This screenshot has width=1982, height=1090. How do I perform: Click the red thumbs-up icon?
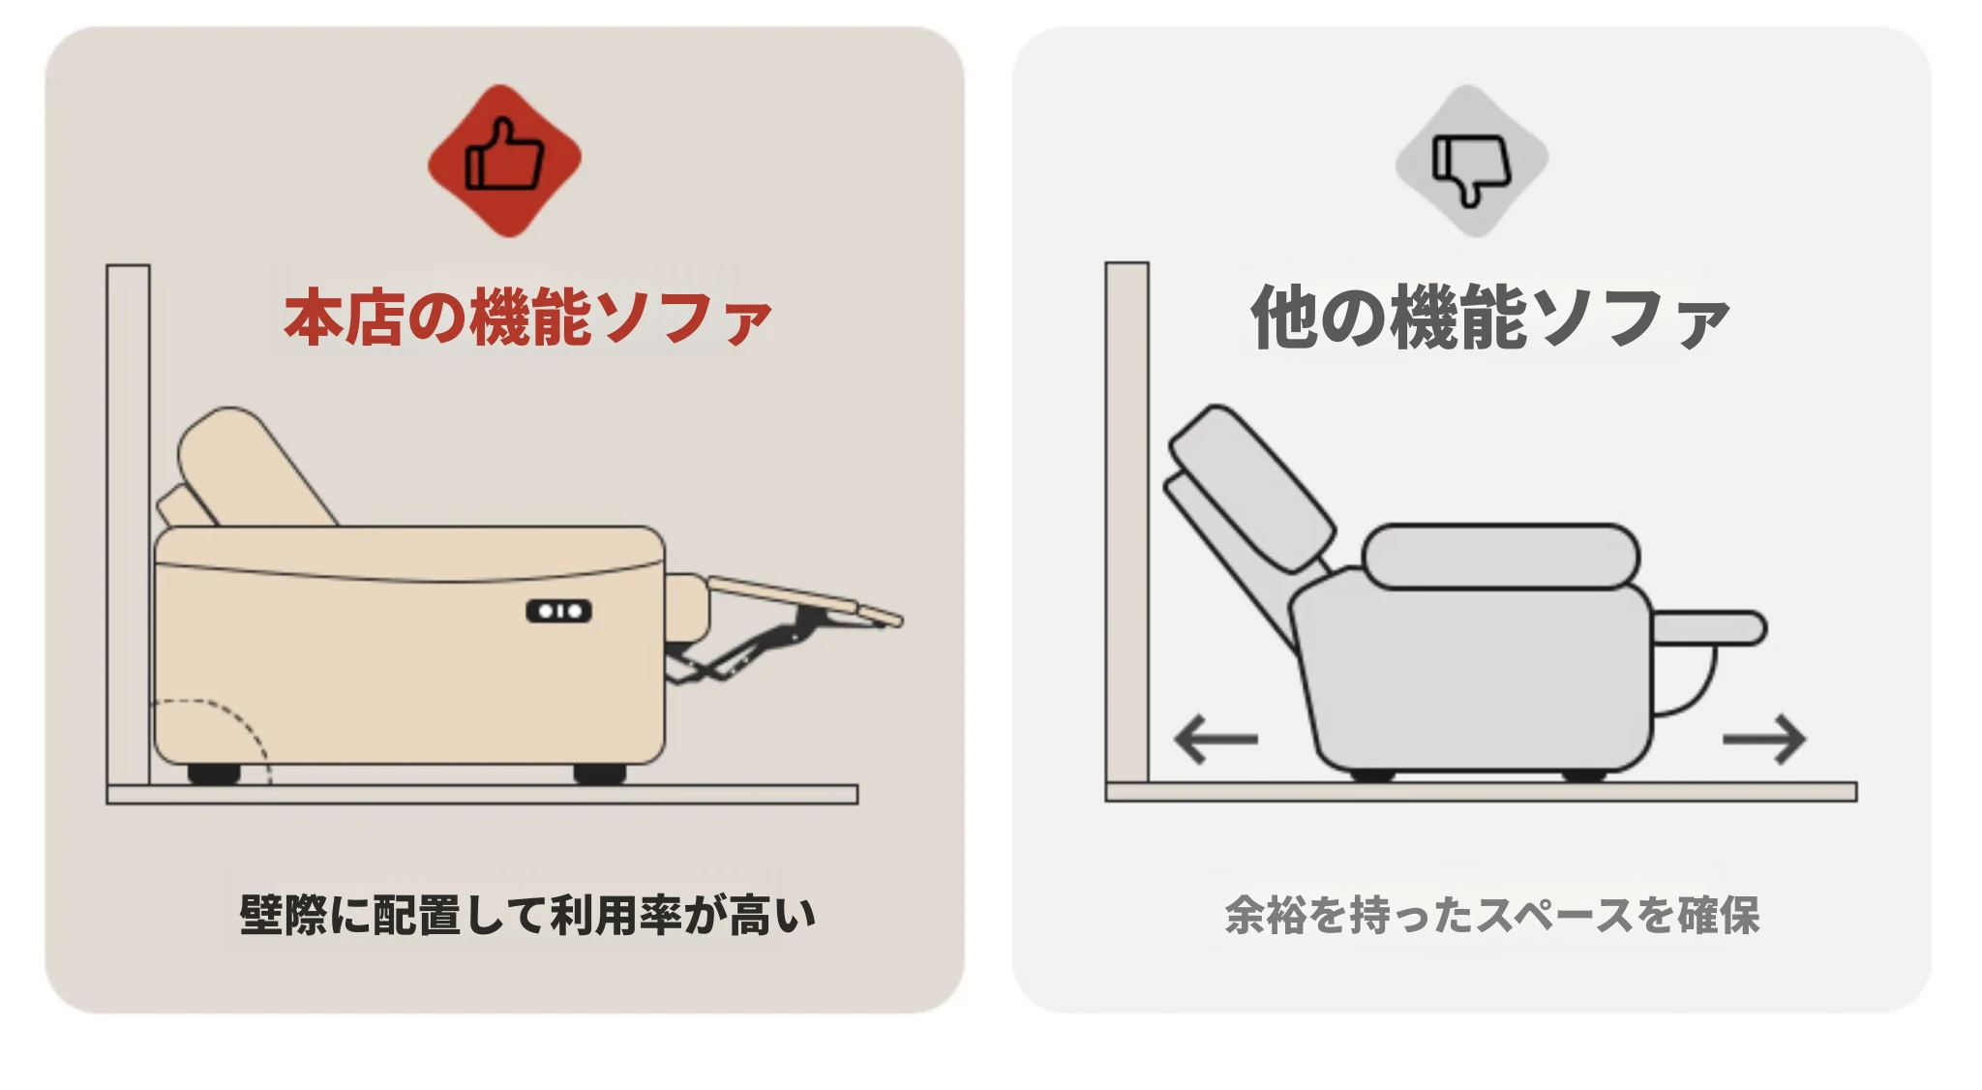(x=504, y=160)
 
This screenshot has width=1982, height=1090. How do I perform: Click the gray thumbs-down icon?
(x=1471, y=160)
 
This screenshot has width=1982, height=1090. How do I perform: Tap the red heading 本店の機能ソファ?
(x=527, y=317)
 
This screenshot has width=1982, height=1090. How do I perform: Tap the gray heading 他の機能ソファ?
(x=1489, y=317)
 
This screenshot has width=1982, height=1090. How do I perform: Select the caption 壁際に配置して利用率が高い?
(x=527, y=915)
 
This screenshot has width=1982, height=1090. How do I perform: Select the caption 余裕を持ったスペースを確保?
(x=1491, y=915)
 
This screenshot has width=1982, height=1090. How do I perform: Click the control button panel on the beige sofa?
(x=558, y=611)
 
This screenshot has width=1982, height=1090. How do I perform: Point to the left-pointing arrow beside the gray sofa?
(x=1215, y=740)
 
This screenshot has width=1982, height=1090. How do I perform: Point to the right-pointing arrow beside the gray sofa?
(x=1764, y=740)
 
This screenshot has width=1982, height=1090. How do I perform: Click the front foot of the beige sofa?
(x=600, y=773)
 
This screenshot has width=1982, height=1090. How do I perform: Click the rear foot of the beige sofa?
(x=213, y=773)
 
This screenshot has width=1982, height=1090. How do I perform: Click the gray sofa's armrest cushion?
(x=1501, y=556)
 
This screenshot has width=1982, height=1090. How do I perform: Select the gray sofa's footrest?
(x=1709, y=628)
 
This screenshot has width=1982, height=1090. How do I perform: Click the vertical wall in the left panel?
(x=128, y=524)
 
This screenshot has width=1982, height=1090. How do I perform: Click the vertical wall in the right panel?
(x=1127, y=522)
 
